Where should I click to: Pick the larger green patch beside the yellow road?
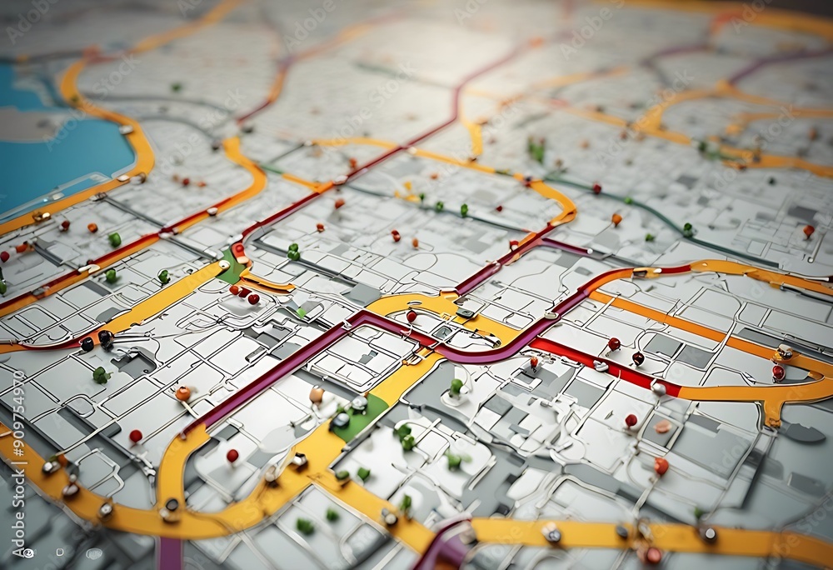point(363,416)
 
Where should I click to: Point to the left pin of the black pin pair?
point(87,343)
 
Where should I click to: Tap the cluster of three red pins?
point(243,293)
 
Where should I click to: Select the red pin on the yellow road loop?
point(411,317)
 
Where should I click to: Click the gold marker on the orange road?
point(784,352)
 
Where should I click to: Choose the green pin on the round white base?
point(456,387)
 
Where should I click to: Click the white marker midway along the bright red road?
point(600,365)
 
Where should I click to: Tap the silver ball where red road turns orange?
point(658,388)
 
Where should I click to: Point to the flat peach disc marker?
point(662,427)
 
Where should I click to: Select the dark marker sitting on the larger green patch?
point(342,419)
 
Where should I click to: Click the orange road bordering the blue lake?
point(142,150)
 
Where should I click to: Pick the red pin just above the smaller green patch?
point(239,249)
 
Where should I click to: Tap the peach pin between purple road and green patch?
point(316,394)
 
